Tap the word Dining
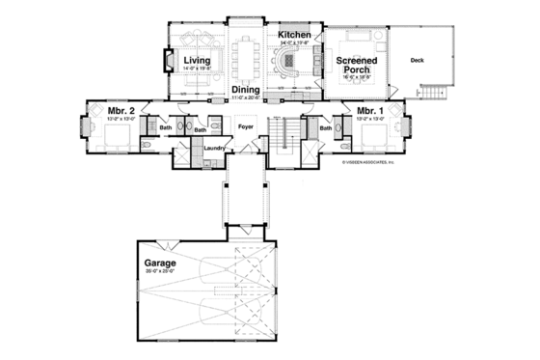coord(246,90)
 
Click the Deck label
coord(416,60)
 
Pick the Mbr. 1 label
coord(370,111)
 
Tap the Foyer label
coord(245,125)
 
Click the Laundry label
coord(214,148)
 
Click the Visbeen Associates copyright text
coord(374,163)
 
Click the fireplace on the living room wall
coord(159,62)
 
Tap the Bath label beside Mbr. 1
coord(325,127)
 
